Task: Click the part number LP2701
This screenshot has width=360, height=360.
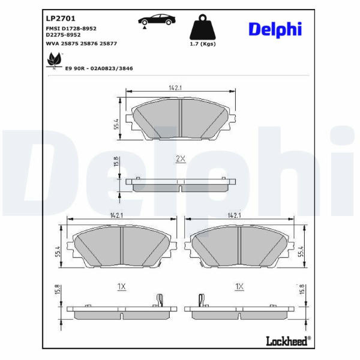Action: tap(61, 19)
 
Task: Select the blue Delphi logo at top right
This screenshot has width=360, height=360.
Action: tap(275, 29)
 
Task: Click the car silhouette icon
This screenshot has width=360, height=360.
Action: tap(157, 20)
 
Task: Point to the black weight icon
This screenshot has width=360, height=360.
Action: tap(203, 27)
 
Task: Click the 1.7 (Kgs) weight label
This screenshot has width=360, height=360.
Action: tap(203, 44)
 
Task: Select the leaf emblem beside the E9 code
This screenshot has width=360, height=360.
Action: tap(54, 61)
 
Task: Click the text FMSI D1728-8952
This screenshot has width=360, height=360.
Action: tap(71, 29)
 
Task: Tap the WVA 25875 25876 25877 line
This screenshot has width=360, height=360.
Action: tap(82, 43)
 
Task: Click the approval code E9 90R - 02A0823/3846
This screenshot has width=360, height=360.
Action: tap(99, 68)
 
